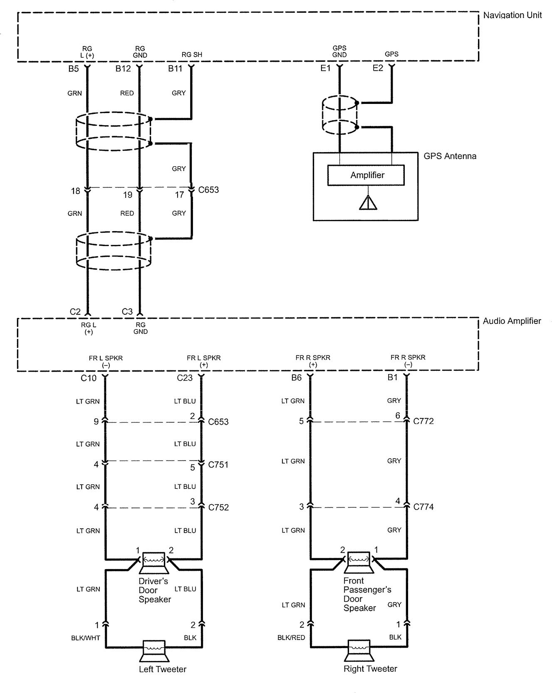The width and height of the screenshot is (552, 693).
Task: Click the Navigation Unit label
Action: pos(512,15)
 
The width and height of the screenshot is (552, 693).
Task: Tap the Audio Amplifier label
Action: pos(512,321)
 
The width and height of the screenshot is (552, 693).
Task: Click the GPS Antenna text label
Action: pos(450,156)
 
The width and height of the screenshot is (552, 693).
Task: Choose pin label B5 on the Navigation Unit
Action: pos(74,69)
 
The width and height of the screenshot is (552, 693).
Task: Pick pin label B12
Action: pos(123,69)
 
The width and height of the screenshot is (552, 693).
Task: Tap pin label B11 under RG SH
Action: pos(175,69)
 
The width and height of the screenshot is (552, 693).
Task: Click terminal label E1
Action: pos(325,68)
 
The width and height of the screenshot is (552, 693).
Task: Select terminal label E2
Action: pos(378,68)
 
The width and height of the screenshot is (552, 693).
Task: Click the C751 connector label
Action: pos(218,465)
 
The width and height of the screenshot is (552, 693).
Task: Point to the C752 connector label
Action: pos(218,508)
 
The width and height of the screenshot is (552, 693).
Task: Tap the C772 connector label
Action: pos(423,422)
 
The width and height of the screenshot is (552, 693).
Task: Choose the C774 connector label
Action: pos(423,507)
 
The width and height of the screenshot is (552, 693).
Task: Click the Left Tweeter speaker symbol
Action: pos(154,652)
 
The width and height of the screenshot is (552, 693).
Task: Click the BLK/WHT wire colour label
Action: pos(86,638)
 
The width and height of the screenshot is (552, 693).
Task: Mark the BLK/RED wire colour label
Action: pos(291,638)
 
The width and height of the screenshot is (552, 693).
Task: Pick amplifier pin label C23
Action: pos(185,378)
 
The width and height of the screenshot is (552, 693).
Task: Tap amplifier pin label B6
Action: pos(296,378)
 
